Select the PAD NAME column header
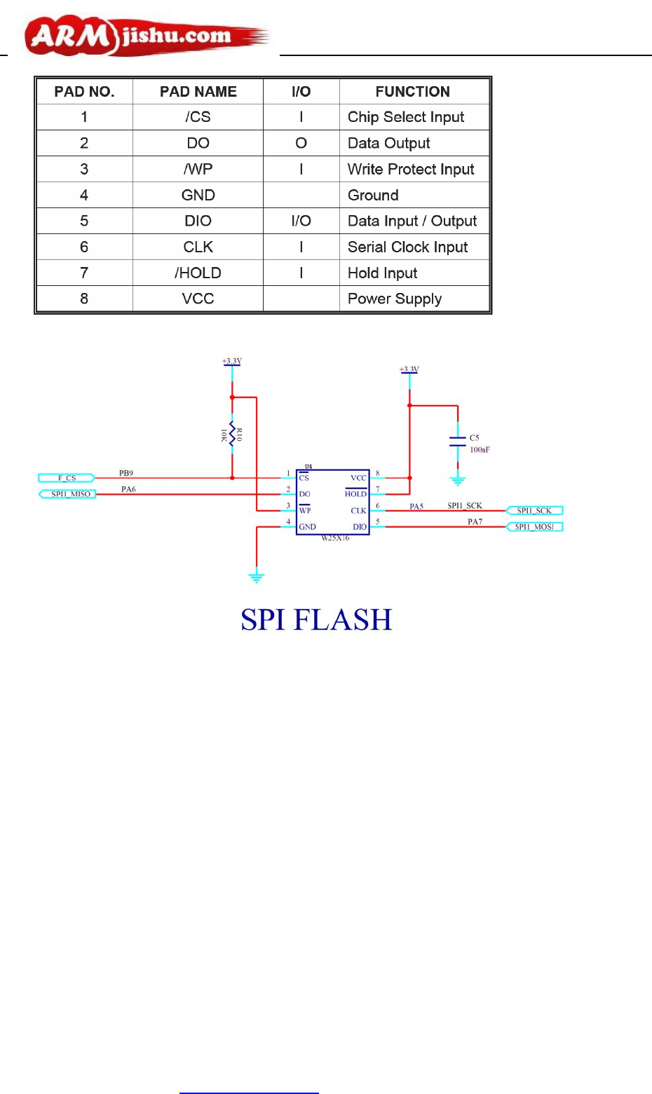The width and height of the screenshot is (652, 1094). tap(198, 92)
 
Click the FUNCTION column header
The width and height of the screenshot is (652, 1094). tap(412, 92)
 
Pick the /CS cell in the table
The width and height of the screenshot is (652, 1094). tap(198, 117)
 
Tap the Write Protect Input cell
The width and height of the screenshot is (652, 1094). tap(411, 169)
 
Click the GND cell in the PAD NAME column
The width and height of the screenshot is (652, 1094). tap(198, 195)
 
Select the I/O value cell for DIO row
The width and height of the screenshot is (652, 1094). tap(301, 221)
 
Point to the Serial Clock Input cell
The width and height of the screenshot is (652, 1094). tap(407, 247)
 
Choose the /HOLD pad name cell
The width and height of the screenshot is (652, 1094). tap(198, 273)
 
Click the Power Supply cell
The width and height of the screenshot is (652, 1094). tap(395, 299)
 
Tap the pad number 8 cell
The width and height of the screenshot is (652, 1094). tap(84, 299)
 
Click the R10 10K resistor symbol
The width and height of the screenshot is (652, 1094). tap(232, 435)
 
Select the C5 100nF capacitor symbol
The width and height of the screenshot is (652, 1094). tap(458, 442)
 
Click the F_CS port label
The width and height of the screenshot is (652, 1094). tap(67, 478)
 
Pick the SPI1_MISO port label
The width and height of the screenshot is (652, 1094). tap(68, 494)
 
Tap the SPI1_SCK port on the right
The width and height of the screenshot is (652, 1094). tap(534, 511)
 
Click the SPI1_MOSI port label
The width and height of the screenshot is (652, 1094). tap(534, 527)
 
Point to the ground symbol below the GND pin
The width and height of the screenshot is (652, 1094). tap(257, 577)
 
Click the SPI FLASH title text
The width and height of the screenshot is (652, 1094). tap(316, 620)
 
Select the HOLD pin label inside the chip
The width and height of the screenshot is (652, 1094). tap(355, 494)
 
